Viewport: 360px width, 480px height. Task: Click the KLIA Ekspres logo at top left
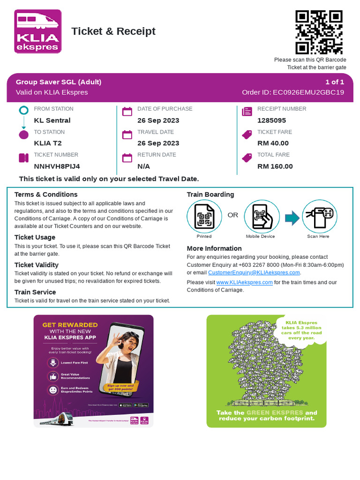point(37,31)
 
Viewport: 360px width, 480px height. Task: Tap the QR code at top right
point(319,32)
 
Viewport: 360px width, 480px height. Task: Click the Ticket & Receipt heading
point(113,31)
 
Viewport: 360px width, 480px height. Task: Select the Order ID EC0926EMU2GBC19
point(293,92)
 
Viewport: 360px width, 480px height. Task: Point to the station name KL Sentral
point(52,120)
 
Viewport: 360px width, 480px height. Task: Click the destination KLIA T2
point(48,143)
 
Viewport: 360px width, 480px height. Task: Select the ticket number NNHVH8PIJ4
point(57,166)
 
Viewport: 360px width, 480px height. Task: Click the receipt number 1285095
point(271,120)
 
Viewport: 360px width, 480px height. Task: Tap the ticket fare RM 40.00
point(273,143)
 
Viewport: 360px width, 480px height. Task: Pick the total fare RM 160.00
point(275,166)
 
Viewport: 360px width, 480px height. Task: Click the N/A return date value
point(143,166)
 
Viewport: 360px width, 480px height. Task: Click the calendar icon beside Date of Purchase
point(127,112)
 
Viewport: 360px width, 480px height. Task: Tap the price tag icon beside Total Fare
point(247,157)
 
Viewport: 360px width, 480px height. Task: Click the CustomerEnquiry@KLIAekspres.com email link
point(254,272)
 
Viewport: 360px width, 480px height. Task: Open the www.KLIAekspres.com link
point(244,282)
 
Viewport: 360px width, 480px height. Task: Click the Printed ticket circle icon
point(204,217)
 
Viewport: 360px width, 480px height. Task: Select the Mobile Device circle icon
point(262,217)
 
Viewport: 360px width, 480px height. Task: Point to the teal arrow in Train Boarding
point(292,217)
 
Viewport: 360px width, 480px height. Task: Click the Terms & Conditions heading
point(46,195)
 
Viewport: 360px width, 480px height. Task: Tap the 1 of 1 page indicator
point(335,82)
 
